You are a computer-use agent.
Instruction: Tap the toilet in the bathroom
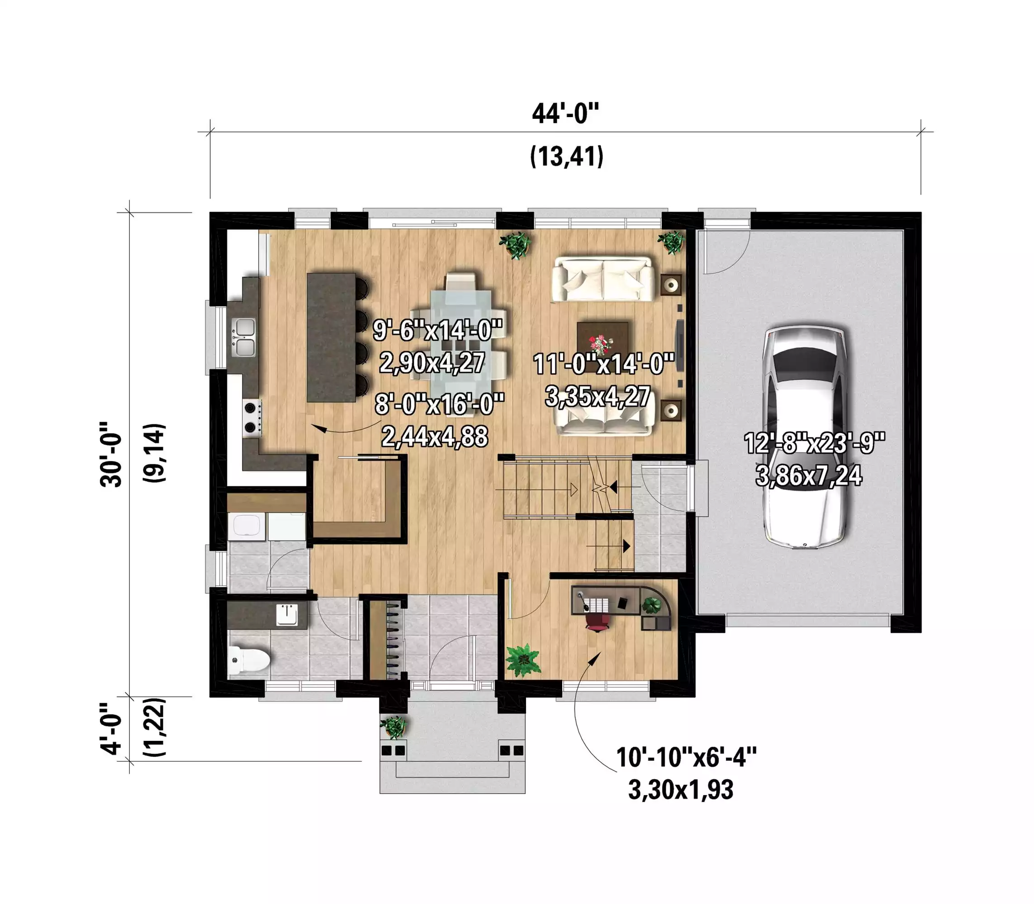(248, 660)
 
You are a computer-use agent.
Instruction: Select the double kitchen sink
(244, 338)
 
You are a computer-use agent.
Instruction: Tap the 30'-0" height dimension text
(111, 454)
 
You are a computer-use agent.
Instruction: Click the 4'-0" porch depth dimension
(111, 728)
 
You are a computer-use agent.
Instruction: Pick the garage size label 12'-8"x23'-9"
(814, 443)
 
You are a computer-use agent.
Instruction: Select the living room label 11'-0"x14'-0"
(604, 364)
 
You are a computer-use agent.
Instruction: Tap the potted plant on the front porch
(394, 727)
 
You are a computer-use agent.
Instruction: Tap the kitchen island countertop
(331, 337)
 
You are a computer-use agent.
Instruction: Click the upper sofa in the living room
(602, 279)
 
